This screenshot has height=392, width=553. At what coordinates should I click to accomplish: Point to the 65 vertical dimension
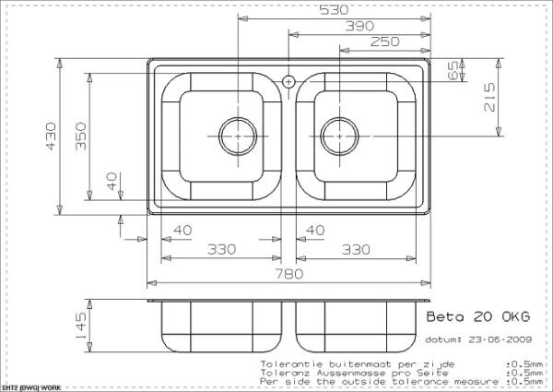453,71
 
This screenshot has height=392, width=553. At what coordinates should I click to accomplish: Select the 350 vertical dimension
81,137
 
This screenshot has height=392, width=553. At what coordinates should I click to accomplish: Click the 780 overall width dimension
293,273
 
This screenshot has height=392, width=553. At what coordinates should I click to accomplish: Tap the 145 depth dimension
81,325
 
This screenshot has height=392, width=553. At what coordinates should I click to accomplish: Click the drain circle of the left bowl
238,133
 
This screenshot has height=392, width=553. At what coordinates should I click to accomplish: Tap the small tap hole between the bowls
288,81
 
